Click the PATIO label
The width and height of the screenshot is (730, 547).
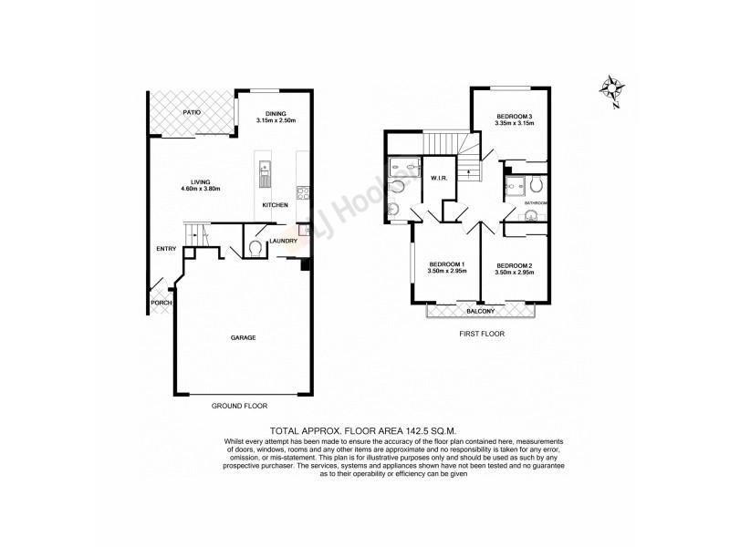click(x=192, y=112)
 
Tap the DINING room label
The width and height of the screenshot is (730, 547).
click(x=276, y=113)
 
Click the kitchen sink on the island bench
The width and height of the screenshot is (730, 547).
click(x=266, y=169)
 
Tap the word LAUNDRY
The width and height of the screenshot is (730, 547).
click(x=281, y=241)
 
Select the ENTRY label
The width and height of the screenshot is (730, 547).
click(x=166, y=248)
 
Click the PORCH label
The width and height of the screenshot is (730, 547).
click(x=161, y=304)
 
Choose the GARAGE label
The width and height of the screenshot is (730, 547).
click(x=243, y=337)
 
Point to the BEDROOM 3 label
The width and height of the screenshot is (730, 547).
click(x=514, y=117)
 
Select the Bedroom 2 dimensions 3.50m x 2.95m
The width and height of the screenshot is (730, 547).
click(x=514, y=272)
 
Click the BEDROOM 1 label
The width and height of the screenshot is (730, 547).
click(x=447, y=263)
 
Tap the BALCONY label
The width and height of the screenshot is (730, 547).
click(x=481, y=312)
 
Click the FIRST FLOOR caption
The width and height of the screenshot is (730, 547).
click(x=481, y=334)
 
